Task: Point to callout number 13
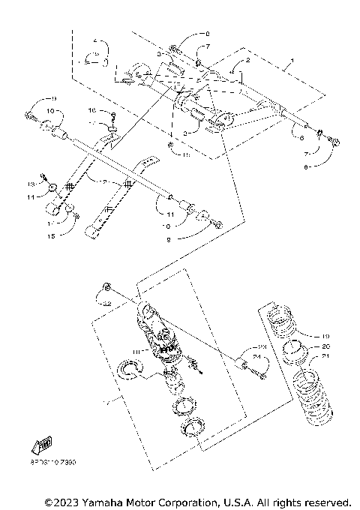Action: click(32, 184)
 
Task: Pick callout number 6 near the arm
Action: click(301, 138)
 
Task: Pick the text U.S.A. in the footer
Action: click(237, 501)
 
